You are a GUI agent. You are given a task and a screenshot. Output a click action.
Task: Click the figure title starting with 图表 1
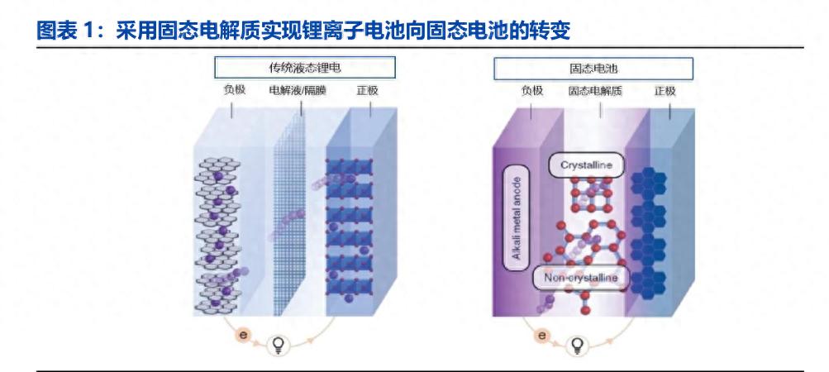303,31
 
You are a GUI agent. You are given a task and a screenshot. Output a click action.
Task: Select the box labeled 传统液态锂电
304,68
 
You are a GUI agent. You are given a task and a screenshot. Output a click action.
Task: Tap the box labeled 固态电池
593,69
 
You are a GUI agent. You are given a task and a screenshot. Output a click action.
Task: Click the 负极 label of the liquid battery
235,90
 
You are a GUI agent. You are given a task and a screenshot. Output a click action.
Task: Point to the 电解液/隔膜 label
298,90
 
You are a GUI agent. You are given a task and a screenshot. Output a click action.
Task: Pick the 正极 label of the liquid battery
368,90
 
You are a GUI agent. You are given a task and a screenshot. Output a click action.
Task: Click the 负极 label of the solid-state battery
532,91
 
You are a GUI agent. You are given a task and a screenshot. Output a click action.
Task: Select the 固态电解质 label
595,91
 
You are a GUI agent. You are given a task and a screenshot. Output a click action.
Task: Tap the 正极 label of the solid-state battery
665,91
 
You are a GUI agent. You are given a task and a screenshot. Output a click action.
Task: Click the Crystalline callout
586,165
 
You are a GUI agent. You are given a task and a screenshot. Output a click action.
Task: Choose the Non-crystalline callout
580,278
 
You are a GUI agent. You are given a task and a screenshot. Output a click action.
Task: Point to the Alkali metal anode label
517,218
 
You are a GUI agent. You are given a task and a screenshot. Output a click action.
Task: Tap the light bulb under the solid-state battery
578,346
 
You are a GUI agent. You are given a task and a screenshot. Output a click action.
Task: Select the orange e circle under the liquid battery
244,335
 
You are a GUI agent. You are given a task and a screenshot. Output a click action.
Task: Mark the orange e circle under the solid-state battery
542,335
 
